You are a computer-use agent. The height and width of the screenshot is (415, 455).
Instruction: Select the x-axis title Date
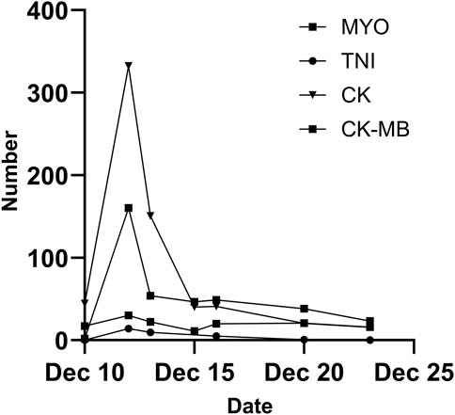point(248,406)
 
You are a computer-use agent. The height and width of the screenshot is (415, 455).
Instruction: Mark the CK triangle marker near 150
point(150,216)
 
